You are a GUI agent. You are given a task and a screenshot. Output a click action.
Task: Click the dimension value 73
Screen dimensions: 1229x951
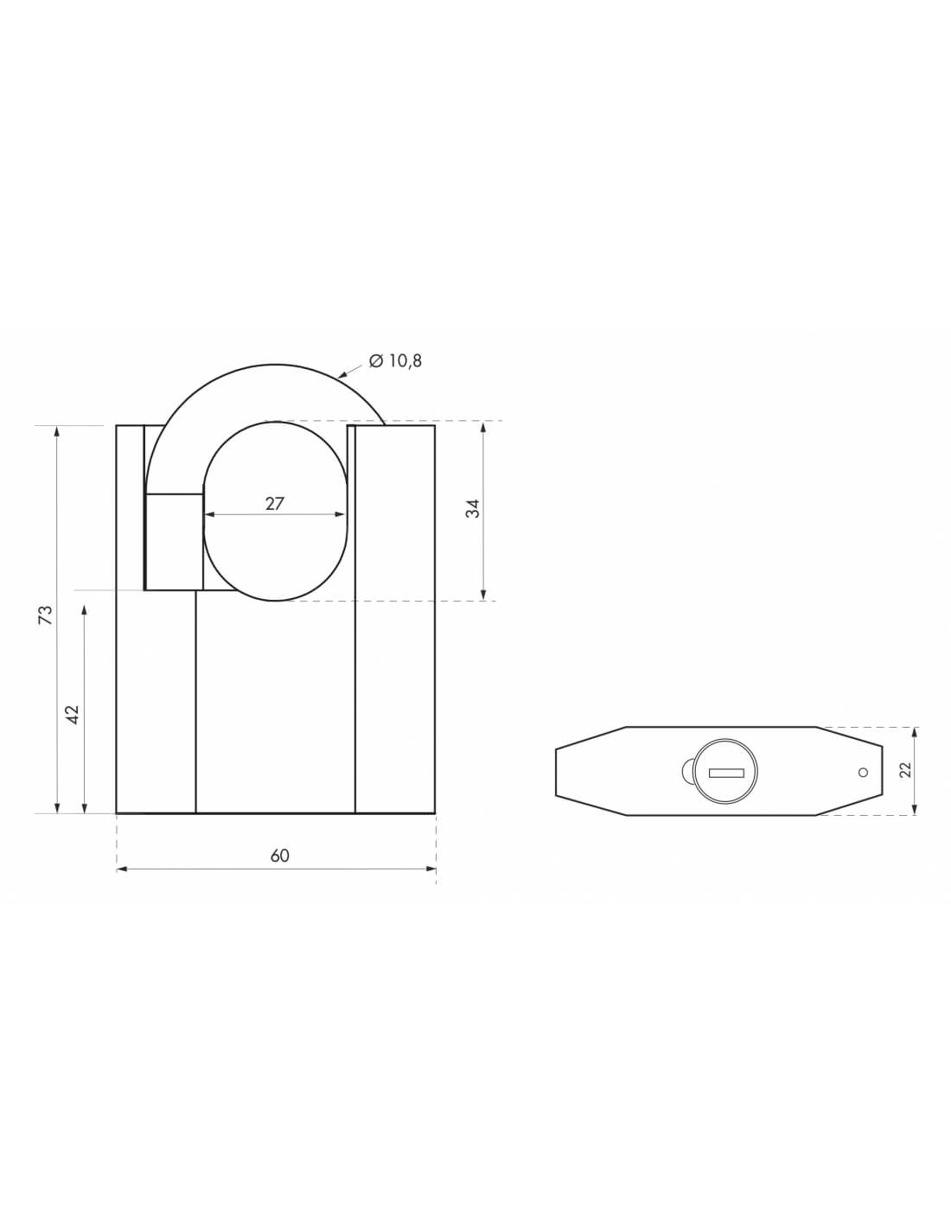pos(47,614)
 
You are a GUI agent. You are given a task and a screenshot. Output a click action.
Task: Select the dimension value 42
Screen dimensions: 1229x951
pos(73,714)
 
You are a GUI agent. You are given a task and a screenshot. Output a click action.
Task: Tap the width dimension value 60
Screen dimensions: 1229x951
pos(279,856)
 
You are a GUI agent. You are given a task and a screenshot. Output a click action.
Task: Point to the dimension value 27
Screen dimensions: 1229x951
pos(274,503)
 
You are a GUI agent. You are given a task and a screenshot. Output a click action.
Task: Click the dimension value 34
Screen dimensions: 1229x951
pos(472,509)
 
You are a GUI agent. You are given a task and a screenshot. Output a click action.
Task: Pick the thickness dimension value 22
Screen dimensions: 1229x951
pos(905,770)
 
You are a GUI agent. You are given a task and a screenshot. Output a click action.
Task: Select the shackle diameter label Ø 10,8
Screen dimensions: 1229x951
pos(395,361)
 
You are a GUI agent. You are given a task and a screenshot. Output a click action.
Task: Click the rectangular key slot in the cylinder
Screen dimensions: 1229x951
pos(726,773)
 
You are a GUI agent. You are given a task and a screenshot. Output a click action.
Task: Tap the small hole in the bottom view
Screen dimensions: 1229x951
pos(862,773)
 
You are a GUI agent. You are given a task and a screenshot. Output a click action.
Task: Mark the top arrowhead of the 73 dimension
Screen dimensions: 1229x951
pos(57,430)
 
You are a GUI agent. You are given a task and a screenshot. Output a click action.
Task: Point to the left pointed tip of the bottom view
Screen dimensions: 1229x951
pos(557,771)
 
